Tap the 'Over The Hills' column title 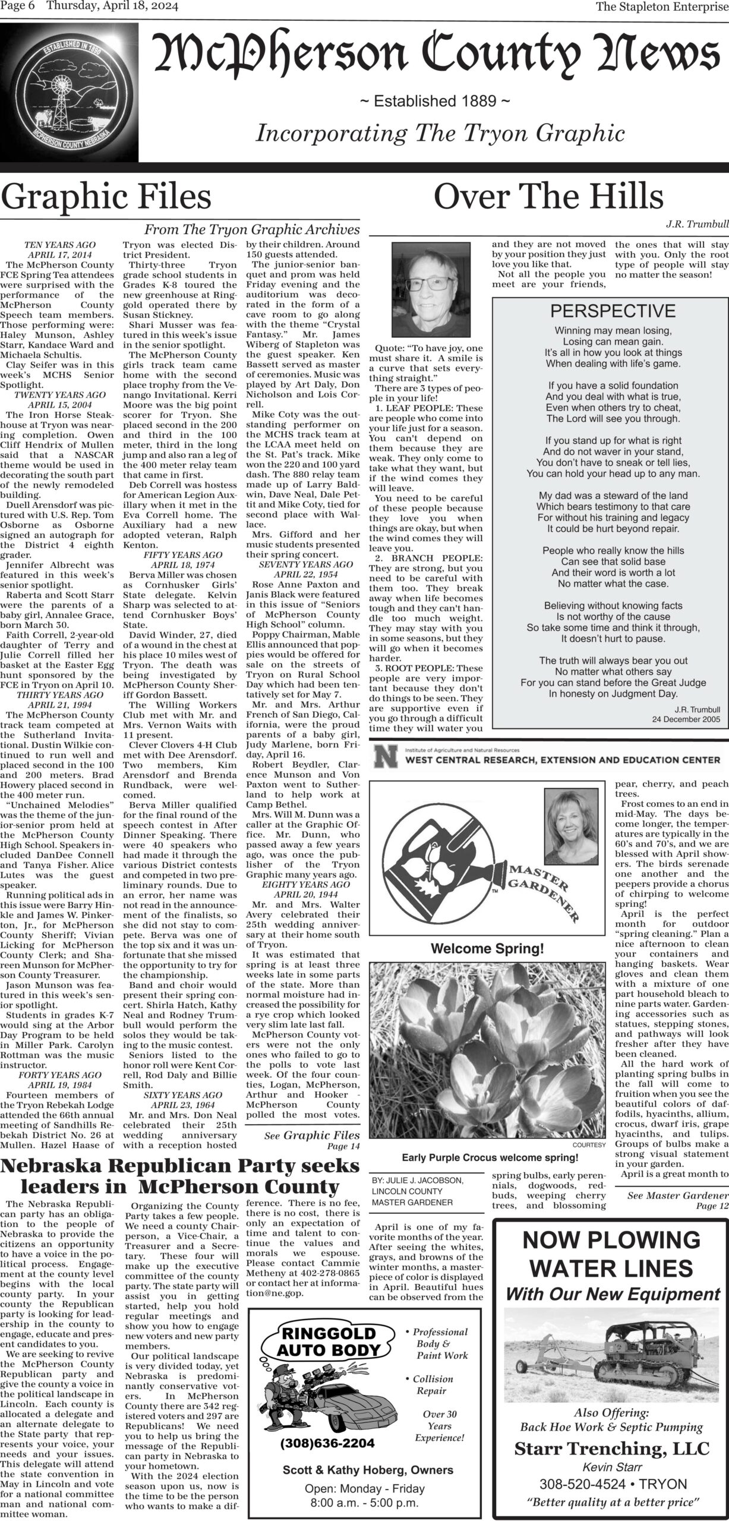click(548, 197)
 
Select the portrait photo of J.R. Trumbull click(428, 291)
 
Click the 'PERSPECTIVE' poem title click(613, 311)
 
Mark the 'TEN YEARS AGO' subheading click(60, 244)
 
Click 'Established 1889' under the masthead click(435, 102)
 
